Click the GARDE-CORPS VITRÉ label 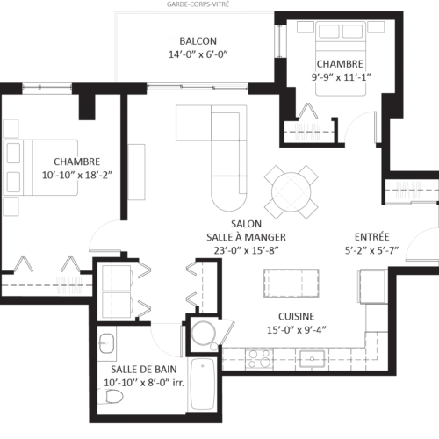coord(197,4)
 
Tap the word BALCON coord(197,41)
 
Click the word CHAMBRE coord(76,162)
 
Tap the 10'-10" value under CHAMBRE coord(58,176)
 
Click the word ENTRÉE coord(372,237)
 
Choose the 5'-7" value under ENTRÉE coord(387,251)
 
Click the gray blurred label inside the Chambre coord(69,284)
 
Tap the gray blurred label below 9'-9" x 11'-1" coord(307,132)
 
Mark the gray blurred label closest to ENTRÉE coord(407,190)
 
